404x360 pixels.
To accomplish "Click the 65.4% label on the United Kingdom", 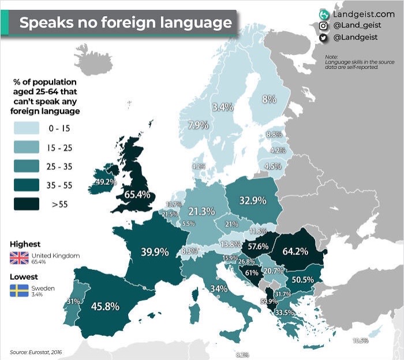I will click(x=136, y=195).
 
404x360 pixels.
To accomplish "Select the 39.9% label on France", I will click(x=155, y=252).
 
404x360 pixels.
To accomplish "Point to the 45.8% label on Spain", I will click(x=105, y=307).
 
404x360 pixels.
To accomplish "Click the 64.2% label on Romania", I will click(x=294, y=252).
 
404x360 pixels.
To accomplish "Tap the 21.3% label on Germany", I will click(x=201, y=211).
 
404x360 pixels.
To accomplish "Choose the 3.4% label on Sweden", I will click(x=222, y=107).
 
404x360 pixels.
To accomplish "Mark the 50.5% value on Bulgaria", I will click(x=303, y=279).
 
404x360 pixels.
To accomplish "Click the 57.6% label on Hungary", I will click(x=258, y=246).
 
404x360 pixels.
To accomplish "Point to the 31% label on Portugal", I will click(x=73, y=301).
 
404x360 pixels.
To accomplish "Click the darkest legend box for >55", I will click(x=24, y=205).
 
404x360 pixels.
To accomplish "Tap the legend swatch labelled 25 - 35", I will click(x=24, y=166).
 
